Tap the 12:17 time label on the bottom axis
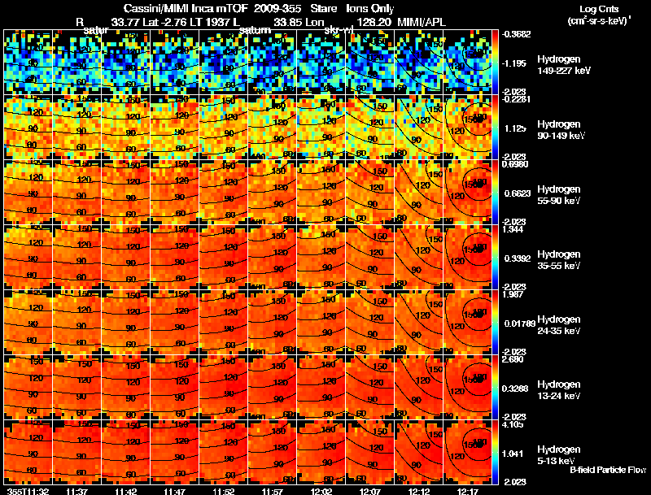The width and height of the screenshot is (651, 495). coord(468,491)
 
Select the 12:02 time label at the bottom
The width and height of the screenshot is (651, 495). coord(321,491)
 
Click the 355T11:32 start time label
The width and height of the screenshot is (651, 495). coord(25,491)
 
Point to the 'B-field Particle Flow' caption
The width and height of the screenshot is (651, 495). coord(607,470)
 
